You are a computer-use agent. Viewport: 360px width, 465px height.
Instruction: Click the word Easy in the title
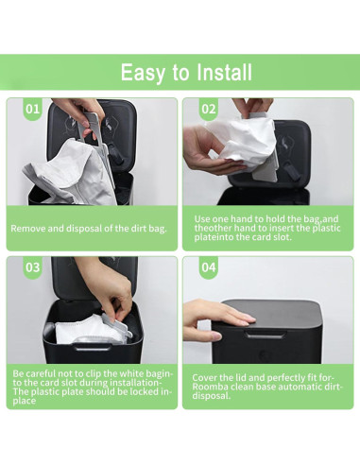(142, 72)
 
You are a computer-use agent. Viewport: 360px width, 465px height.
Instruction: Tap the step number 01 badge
(32, 110)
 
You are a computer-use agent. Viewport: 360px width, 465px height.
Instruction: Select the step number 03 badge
(32, 267)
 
